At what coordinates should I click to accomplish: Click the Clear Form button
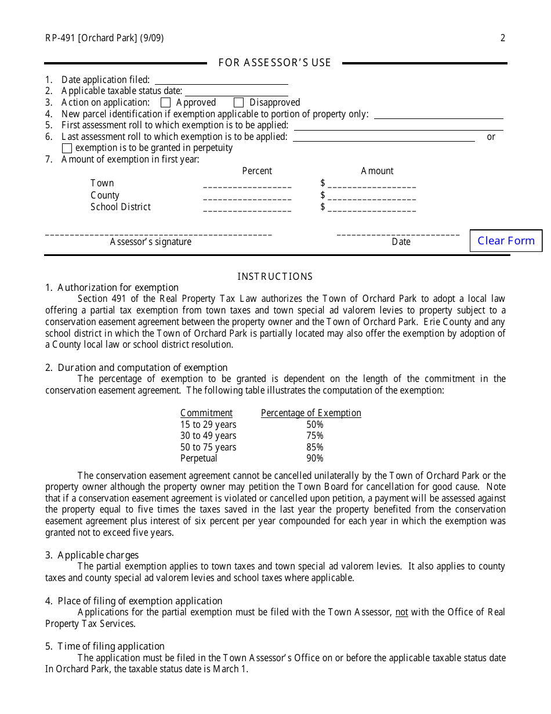click(506, 241)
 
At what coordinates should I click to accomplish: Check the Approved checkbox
click(165, 103)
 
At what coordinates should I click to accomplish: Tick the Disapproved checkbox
click(238, 103)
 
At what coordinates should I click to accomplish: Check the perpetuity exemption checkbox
click(67, 148)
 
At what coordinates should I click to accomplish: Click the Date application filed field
click(221, 80)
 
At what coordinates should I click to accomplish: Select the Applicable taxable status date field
click(236, 91)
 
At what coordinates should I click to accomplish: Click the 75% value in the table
click(315, 436)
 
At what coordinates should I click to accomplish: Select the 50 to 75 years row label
click(208, 448)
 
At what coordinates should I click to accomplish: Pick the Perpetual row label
click(198, 459)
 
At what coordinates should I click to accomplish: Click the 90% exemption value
click(315, 459)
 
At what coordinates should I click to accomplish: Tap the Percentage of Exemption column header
click(311, 413)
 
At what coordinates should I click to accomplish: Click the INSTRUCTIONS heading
click(275, 277)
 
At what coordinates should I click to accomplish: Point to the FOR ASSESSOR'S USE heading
click(274, 63)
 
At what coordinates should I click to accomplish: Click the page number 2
click(503, 38)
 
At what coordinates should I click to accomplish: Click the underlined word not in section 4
click(401, 612)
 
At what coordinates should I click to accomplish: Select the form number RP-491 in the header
click(60, 38)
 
